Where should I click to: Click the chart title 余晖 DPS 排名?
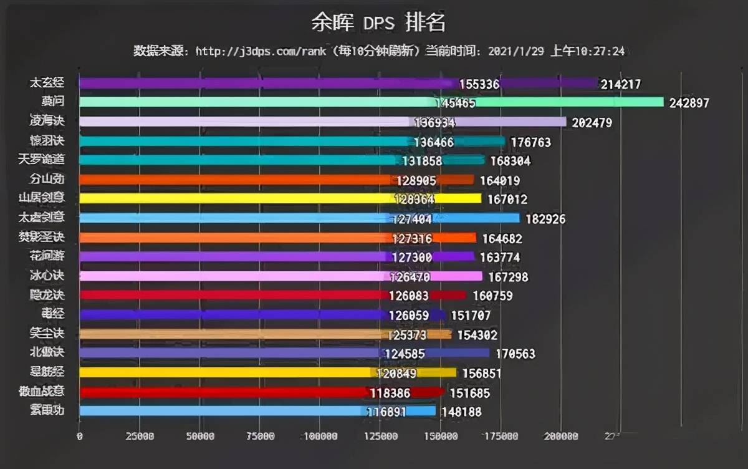coord(378,23)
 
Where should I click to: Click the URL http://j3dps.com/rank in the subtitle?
coord(260,51)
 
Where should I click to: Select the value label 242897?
coord(689,104)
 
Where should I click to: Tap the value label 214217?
coord(620,84)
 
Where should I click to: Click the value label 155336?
coord(479,84)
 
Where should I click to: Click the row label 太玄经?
coord(47,82)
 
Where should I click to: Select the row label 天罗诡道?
coord(42,160)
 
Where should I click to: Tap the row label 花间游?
coord(47,256)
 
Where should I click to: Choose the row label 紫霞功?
coord(47,410)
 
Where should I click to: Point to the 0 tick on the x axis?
coord(79,437)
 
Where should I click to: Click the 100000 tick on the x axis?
coord(320,437)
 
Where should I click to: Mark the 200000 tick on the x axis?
coord(560,437)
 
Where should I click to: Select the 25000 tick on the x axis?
coord(140,437)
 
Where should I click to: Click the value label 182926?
coord(544,220)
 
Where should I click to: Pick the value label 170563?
coord(515,354)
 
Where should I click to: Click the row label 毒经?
coord(47,314)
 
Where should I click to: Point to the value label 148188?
coord(461,412)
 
